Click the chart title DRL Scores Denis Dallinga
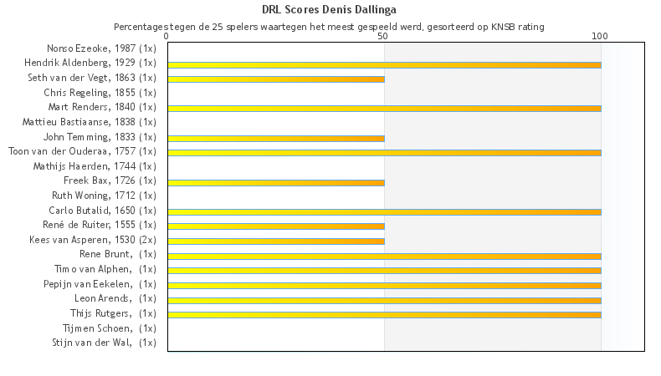coord(330,10)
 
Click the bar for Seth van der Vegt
coord(276,79)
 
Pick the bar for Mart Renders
coord(384,108)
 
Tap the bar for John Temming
coord(276,138)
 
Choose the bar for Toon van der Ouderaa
coord(384,152)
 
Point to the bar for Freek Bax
coord(276,181)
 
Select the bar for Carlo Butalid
coord(384,211)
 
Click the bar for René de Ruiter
coord(276,226)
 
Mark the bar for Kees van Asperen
coord(276,241)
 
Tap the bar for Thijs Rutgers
coord(384,314)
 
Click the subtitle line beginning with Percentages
coord(330,27)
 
